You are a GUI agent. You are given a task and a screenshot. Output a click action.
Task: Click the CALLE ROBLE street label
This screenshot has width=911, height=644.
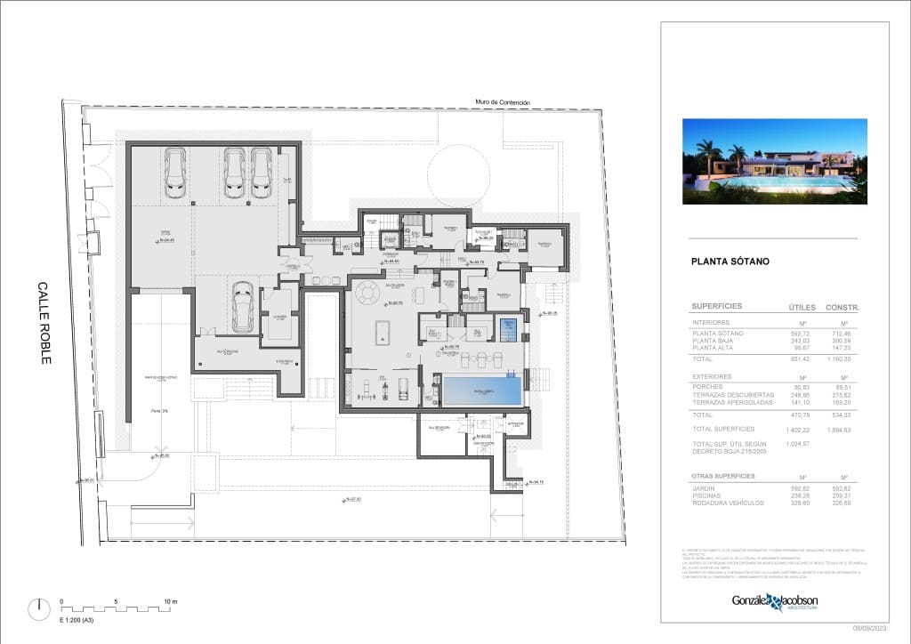pyautogui.click(x=45, y=323)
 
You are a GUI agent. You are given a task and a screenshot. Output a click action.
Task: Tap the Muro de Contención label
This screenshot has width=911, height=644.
pyautogui.click(x=503, y=102)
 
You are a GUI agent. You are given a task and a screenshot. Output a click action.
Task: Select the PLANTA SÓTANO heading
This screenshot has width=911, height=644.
pyautogui.click(x=730, y=262)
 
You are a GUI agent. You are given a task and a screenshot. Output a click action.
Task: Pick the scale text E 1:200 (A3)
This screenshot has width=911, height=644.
pyautogui.click(x=77, y=619)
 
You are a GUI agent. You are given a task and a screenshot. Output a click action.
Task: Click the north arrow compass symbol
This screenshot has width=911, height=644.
pyautogui.click(x=38, y=609)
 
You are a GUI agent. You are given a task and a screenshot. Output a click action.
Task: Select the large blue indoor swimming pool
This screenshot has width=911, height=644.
pyautogui.click(x=482, y=390)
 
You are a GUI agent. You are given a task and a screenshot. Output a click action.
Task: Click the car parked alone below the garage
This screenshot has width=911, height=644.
pyautogui.click(x=242, y=307)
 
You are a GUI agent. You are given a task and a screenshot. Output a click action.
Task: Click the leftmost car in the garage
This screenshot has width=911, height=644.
pyautogui.click(x=175, y=172)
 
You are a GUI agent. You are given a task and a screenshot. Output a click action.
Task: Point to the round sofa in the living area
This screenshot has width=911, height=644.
pyautogui.click(x=367, y=293)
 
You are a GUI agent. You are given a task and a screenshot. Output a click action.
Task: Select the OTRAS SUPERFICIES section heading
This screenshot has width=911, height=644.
pyautogui.click(x=723, y=476)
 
